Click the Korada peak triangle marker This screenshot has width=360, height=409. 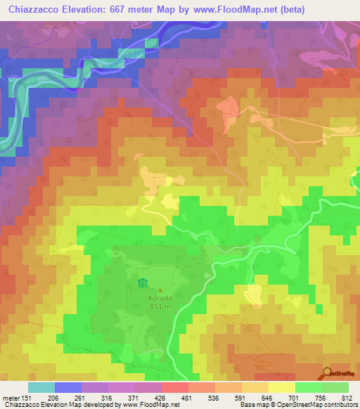point(160,289)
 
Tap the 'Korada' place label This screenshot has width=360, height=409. point(159,297)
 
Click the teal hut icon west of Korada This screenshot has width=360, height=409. point(143,284)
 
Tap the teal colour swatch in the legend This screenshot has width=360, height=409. point(41,387)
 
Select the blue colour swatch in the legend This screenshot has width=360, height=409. point(68,387)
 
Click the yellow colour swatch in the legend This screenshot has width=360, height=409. point(282,387)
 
